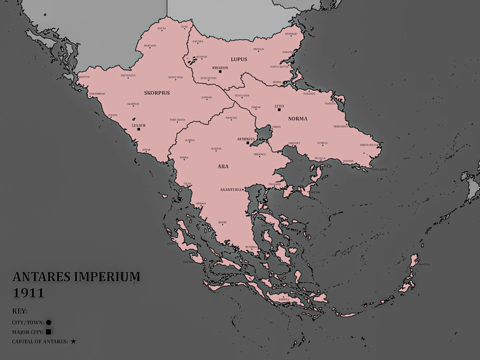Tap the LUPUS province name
[238, 59]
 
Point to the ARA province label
[223, 166]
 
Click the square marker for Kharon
[220, 71]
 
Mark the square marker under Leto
[278, 111]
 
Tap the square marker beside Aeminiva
[247, 143]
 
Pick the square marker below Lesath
[139, 130]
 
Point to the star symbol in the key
[73, 342]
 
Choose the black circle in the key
[48, 322]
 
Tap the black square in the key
[48, 332]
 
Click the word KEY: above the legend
[20, 312]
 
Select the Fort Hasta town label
[177, 120]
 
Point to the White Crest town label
[369, 144]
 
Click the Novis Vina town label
[175, 78]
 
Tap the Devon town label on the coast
[85, 78]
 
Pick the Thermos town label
[260, 155]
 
